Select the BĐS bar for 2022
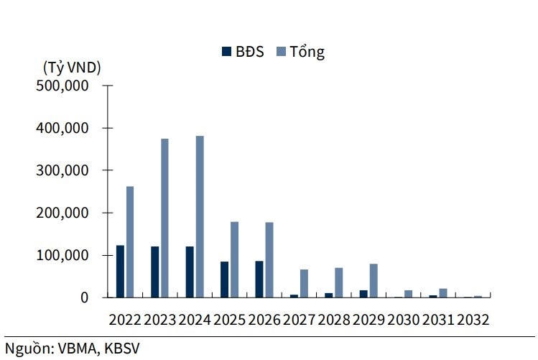pyautogui.click(x=120, y=271)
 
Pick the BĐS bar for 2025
pyautogui.click(x=224, y=279)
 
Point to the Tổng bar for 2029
pyautogui.click(x=374, y=280)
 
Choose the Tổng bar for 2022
pyautogui.click(x=130, y=241)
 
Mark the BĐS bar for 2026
pyautogui.click(x=259, y=279)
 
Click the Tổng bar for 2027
pyautogui.click(x=304, y=283)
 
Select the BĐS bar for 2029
pyautogui.click(x=363, y=293)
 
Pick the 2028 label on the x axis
pyautogui.click(x=334, y=320)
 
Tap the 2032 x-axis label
pyautogui.click(x=473, y=320)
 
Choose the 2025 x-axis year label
pyautogui.click(x=230, y=320)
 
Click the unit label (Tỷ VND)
pyautogui.click(x=72, y=68)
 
